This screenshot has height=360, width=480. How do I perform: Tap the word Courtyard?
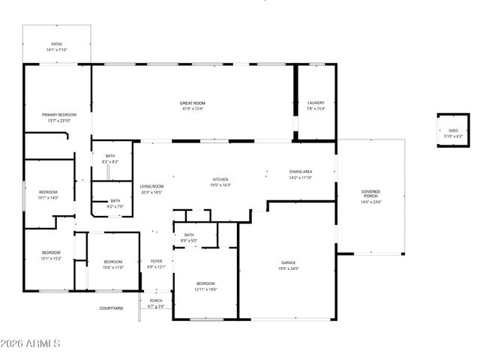112,307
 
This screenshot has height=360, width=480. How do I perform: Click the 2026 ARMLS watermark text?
31,343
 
